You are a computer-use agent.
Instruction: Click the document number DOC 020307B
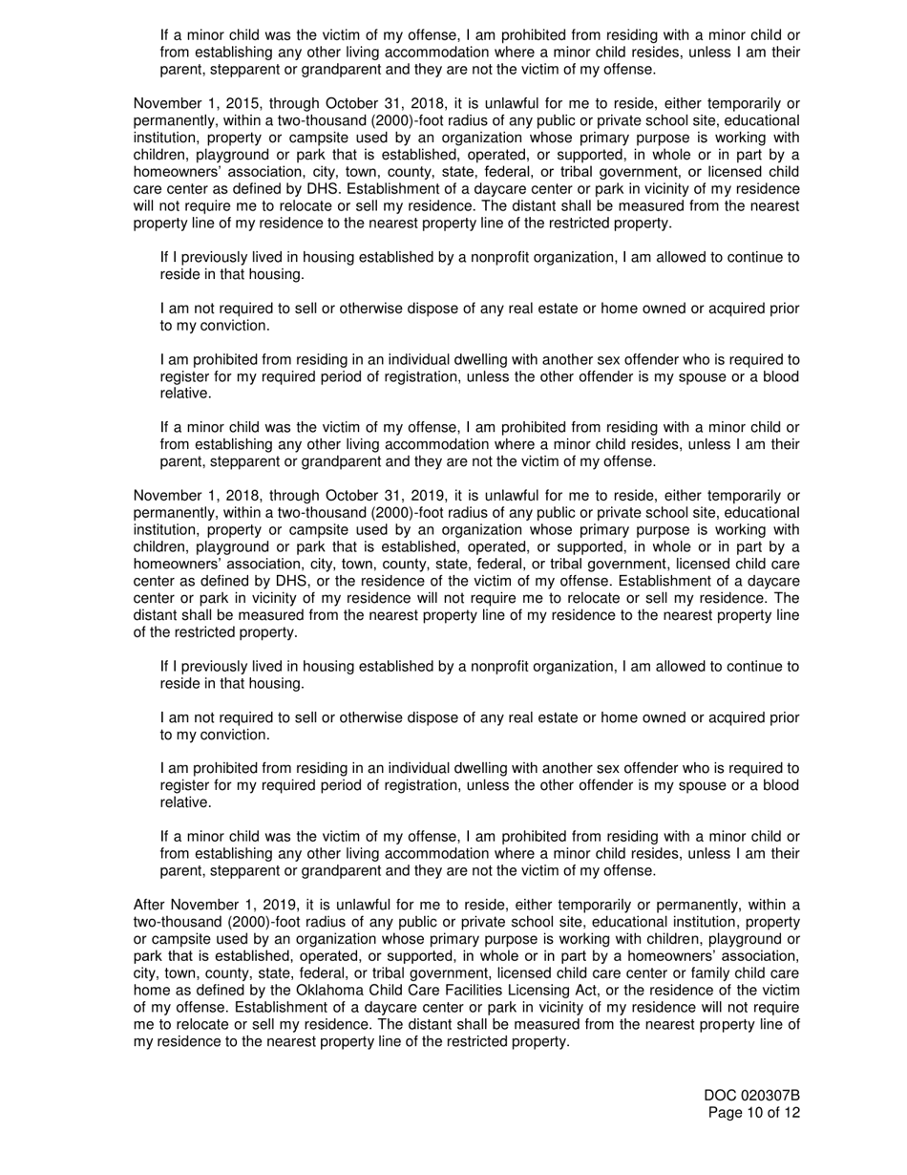752,1096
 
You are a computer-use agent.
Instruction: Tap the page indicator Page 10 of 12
753,1113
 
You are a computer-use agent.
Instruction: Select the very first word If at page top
165,35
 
